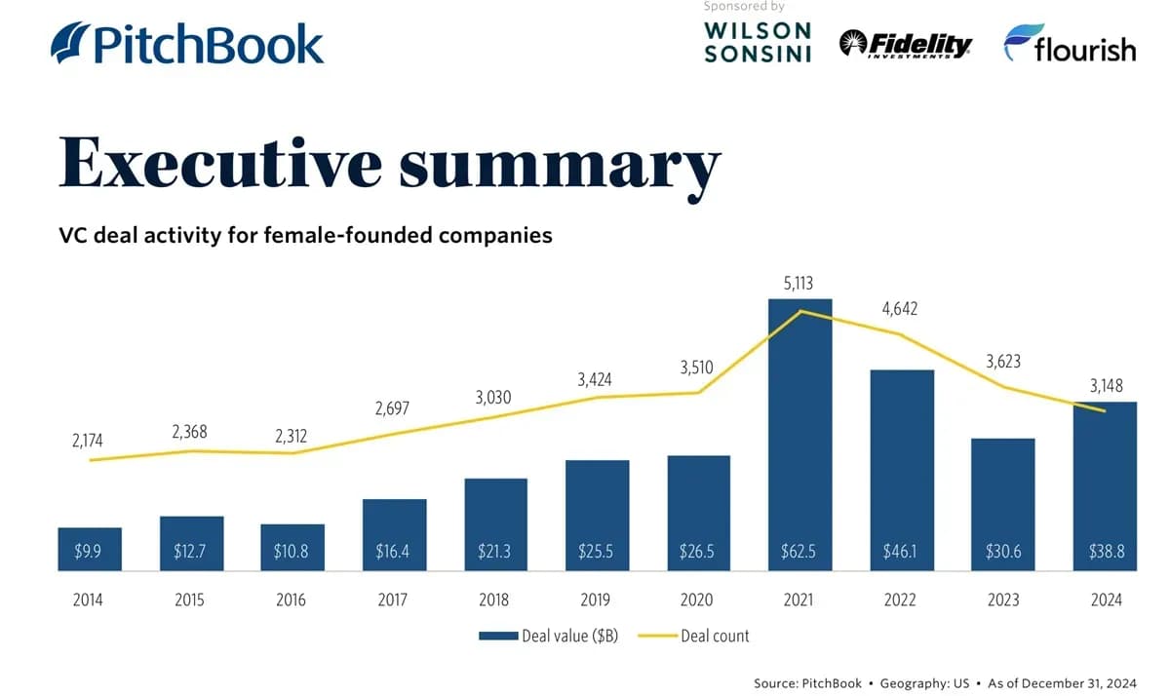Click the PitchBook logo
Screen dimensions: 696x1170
pyautogui.click(x=186, y=44)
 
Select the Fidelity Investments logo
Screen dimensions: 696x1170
pyautogui.click(x=906, y=44)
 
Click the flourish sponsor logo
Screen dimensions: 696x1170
pyautogui.click(x=1070, y=44)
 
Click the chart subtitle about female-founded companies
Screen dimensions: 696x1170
pyautogui.click(x=305, y=235)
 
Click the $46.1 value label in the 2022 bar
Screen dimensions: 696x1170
pyautogui.click(x=901, y=552)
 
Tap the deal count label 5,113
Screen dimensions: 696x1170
pyautogui.click(x=799, y=284)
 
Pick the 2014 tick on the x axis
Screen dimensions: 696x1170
pyautogui.click(x=89, y=599)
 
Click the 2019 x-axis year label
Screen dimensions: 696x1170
pyautogui.click(x=597, y=599)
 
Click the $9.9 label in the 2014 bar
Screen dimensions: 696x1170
pyautogui.click(x=89, y=552)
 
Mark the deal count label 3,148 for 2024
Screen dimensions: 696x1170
pyautogui.click(x=1106, y=387)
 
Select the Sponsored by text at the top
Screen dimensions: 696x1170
pyautogui.click(x=743, y=6)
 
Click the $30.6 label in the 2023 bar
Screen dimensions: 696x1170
pyautogui.click(x=1003, y=552)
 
